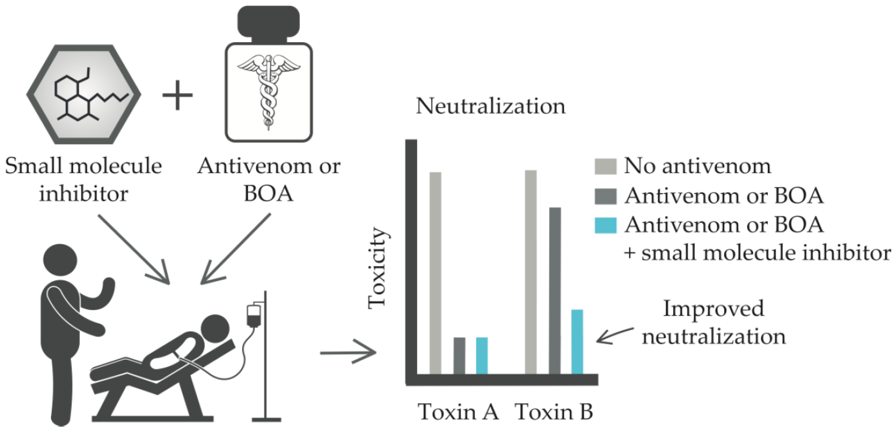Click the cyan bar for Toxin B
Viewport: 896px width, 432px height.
[x=577, y=342]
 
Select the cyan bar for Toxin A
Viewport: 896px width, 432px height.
[x=482, y=356]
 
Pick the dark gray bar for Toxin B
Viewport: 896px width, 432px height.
[x=555, y=291]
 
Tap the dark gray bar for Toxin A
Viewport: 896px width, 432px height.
[x=459, y=356]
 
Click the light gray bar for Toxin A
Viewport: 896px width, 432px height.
[x=435, y=273]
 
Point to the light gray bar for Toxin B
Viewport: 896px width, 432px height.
[x=531, y=272]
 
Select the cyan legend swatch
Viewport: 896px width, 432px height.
[x=605, y=225]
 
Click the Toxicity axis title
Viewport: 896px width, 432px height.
[x=378, y=268]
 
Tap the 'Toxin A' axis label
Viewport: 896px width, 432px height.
[x=458, y=412]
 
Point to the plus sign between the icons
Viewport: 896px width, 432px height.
[x=178, y=95]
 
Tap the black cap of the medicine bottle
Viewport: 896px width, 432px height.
[x=268, y=21]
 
